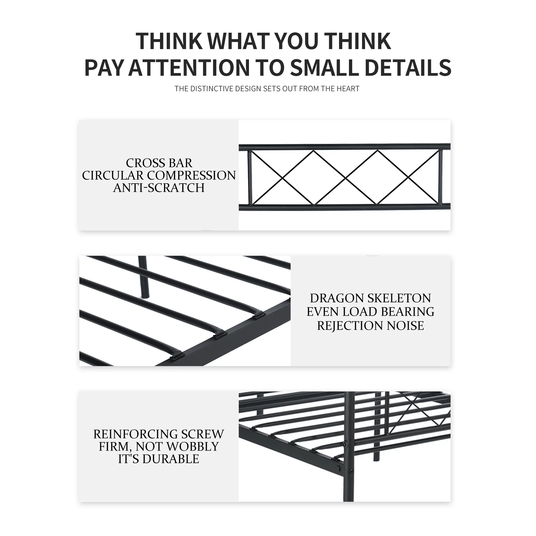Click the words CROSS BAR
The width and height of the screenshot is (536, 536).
(x=159, y=163)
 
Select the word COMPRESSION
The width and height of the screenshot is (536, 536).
(x=191, y=175)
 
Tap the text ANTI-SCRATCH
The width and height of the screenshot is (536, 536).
(x=159, y=188)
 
